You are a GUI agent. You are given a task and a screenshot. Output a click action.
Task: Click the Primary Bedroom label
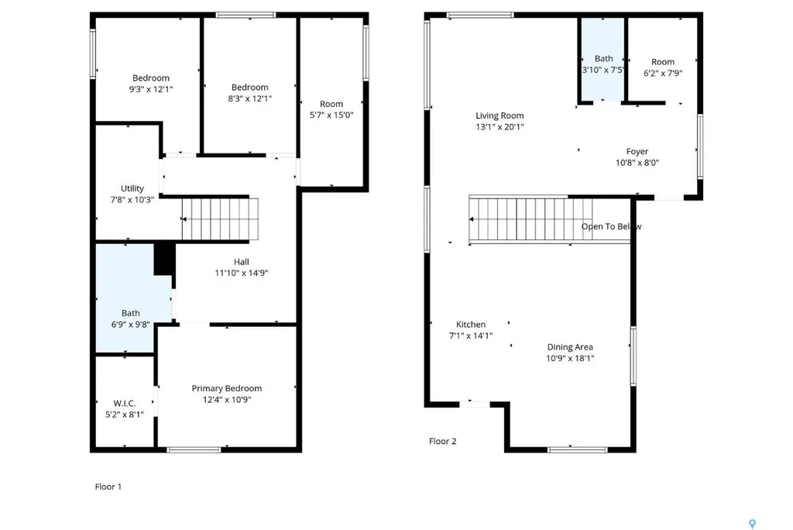pyautogui.click(x=227, y=388)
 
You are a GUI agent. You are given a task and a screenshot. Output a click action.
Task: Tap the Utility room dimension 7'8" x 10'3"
pyautogui.click(x=132, y=199)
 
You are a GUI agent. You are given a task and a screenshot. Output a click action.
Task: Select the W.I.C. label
pyautogui.click(x=125, y=404)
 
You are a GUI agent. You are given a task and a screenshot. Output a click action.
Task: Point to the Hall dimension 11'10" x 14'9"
pyautogui.click(x=242, y=273)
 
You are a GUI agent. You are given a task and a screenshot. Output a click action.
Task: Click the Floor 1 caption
pyautogui.click(x=108, y=487)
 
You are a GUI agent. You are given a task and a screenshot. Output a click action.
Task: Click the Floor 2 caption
pyautogui.click(x=442, y=441)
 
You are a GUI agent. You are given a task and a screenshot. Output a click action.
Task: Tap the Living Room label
pyautogui.click(x=499, y=115)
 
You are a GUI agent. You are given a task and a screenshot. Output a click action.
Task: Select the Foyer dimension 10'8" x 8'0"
pyautogui.click(x=637, y=163)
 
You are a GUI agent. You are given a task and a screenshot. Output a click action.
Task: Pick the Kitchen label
pyautogui.click(x=471, y=324)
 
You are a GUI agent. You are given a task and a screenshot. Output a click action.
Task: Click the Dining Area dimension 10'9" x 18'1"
pyautogui.click(x=570, y=359)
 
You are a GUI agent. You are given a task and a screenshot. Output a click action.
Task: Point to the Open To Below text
pyautogui.click(x=612, y=226)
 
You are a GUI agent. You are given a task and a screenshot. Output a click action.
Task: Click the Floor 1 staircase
pyautogui.click(x=220, y=219)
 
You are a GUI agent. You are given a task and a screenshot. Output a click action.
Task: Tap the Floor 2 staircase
pyautogui.click(x=530, y=219)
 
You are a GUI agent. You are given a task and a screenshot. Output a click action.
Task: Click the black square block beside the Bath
pyautogui.click(x=164, y=259)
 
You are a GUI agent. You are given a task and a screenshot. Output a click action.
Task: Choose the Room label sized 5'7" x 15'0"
pyautogui.click(x=331, y=104)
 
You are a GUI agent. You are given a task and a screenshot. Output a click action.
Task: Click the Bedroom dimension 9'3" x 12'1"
pyautogui.click(x=151, y=89)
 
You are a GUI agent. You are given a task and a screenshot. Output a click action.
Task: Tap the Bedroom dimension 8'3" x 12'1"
pyautogui.click(x=250, y=98)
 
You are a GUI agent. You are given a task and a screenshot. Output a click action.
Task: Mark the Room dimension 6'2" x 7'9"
pyautogui.click(x=663, y=73)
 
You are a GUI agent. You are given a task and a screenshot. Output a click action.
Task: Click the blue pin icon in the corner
pyautogui.click(x=752, y=524)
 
